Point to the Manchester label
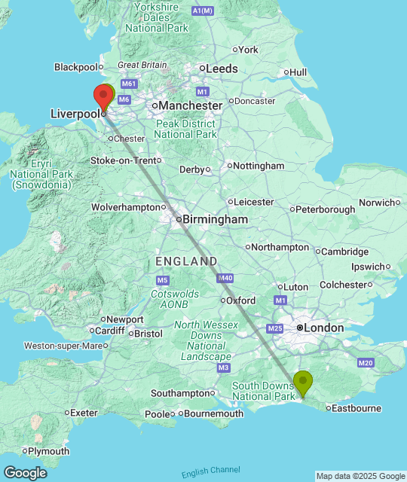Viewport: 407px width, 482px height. pos(191,106)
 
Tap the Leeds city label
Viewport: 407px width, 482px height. pos(222,69)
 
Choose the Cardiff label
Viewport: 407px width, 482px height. pos(110,330)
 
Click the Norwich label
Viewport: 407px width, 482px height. pos(376,202)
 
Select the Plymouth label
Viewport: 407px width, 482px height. pos(49,451)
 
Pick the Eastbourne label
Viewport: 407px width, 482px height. pos(358,408)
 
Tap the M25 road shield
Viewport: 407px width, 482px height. pos(274,328)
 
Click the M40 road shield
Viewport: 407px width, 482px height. pos(225,279)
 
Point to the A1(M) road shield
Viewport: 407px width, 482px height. pos(202,11)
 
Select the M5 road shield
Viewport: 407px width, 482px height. pos(163,280)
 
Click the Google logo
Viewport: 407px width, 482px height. pos(24,473)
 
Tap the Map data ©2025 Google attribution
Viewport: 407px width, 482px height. pos(360,476)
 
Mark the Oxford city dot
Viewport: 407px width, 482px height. pos(223,300)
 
